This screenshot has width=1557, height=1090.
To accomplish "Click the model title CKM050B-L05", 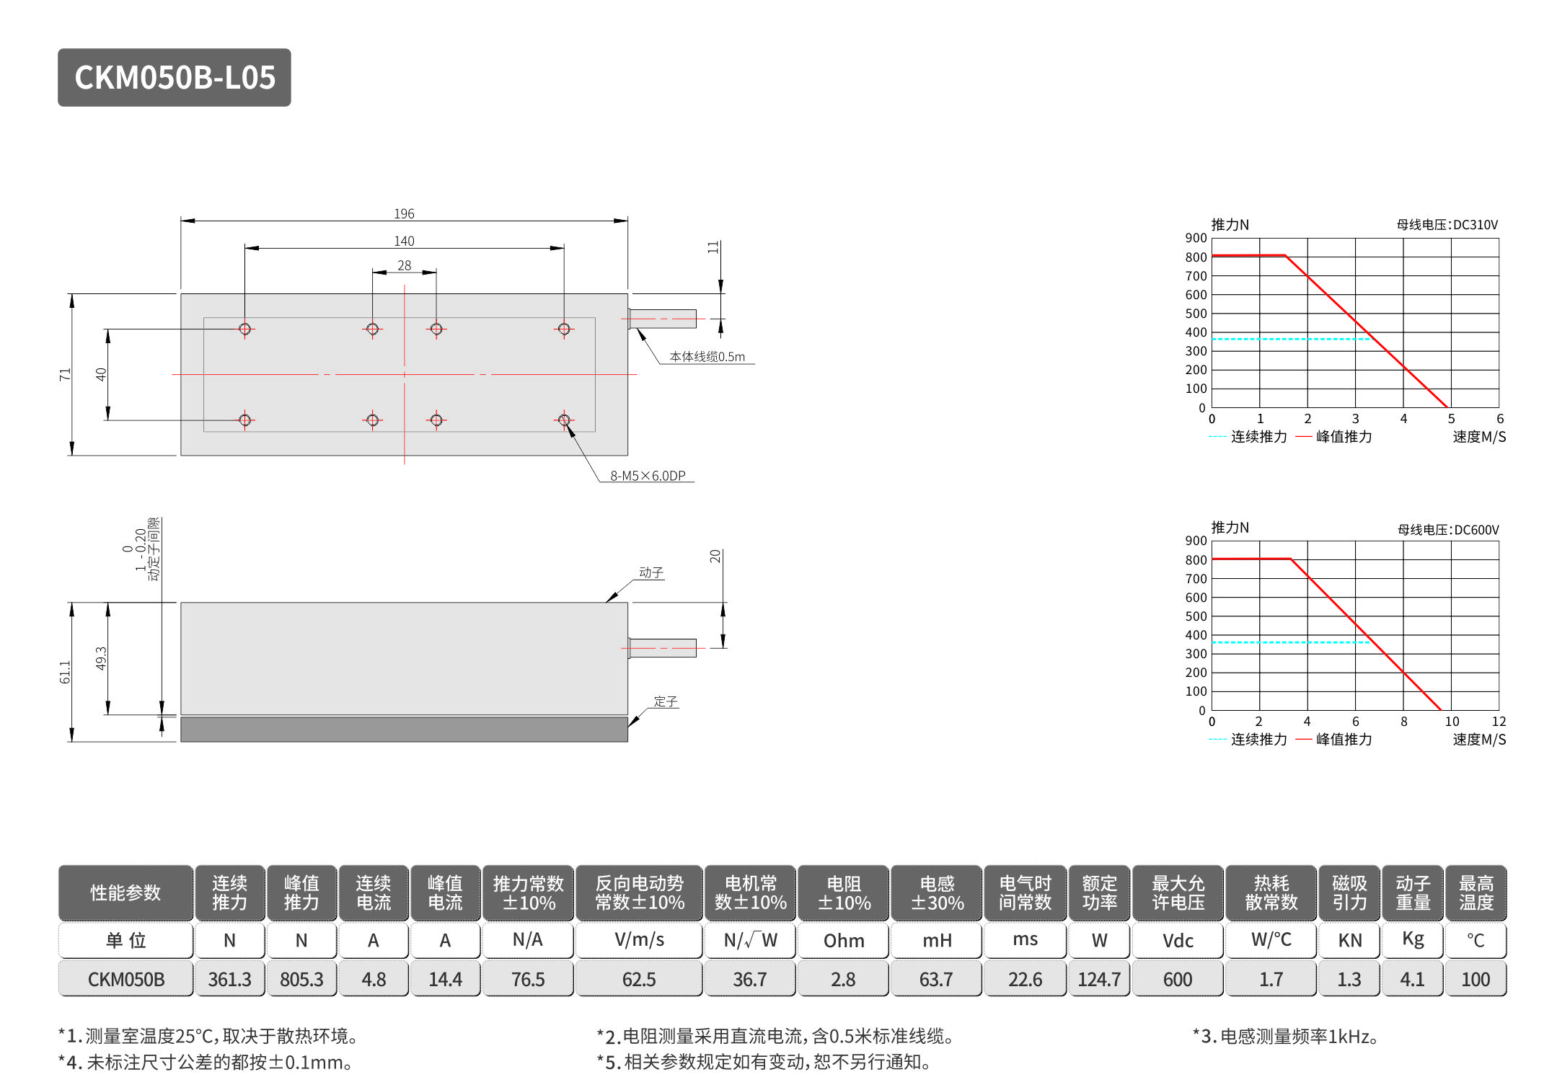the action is pos(175,78).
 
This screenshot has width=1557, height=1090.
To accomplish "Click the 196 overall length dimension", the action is pos(404,213).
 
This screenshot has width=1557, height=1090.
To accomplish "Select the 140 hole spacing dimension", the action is pos(404,241).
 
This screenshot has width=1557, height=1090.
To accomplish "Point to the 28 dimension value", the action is pos(404,265).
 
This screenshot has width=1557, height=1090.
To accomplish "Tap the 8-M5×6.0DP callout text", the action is pos(648,476).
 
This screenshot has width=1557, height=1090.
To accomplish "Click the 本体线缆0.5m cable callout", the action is pos(707,356).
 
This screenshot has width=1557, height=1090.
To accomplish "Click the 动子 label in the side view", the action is pos(650,572).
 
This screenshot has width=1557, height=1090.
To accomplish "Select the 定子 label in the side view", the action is pos(665,701).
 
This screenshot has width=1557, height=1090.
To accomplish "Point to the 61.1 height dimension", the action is pos(65,672).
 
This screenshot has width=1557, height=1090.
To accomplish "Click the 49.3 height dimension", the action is pos(101,658).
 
